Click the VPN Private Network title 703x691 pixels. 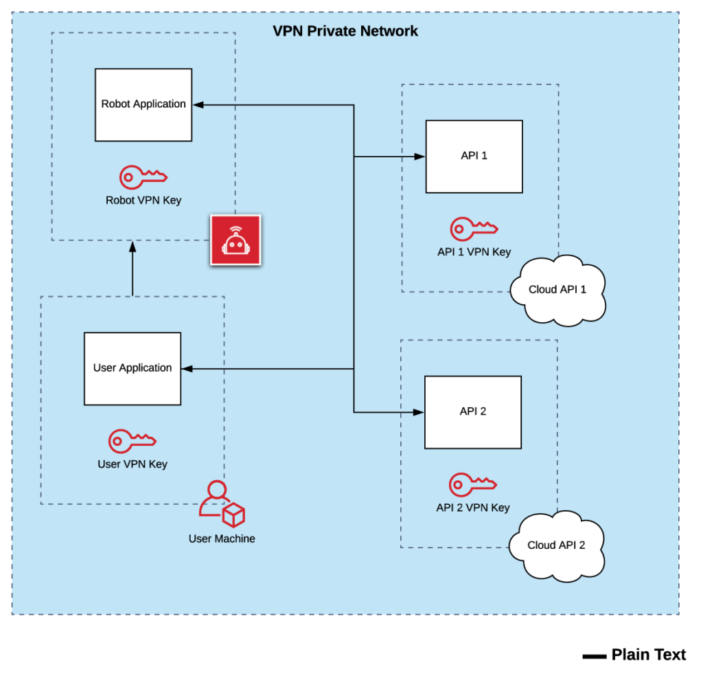tap(345, 31)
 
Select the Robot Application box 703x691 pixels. tap(143, 104)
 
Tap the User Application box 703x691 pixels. tap(132, 368)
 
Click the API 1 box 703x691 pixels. tap(474, 156)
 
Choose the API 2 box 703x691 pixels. tap(472, 411)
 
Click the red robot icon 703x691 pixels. tap(235, 240)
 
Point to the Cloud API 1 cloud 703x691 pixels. tap(557, 290)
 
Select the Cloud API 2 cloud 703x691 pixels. tap(556, 545)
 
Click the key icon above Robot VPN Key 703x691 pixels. tap(143, 177)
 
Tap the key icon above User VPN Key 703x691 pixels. tap(132, 440)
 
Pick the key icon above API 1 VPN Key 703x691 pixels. tap(473, 229)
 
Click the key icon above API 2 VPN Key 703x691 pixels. tap(472, 484)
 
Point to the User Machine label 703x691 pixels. tap(222, 539)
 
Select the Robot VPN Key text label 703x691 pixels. tap(143, 201)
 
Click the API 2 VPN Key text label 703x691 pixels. tap(473, 508)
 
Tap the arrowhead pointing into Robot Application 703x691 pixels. tap(198, 104)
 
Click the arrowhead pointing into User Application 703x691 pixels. tap(187, 369)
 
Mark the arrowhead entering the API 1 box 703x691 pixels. tap(419, 157)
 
